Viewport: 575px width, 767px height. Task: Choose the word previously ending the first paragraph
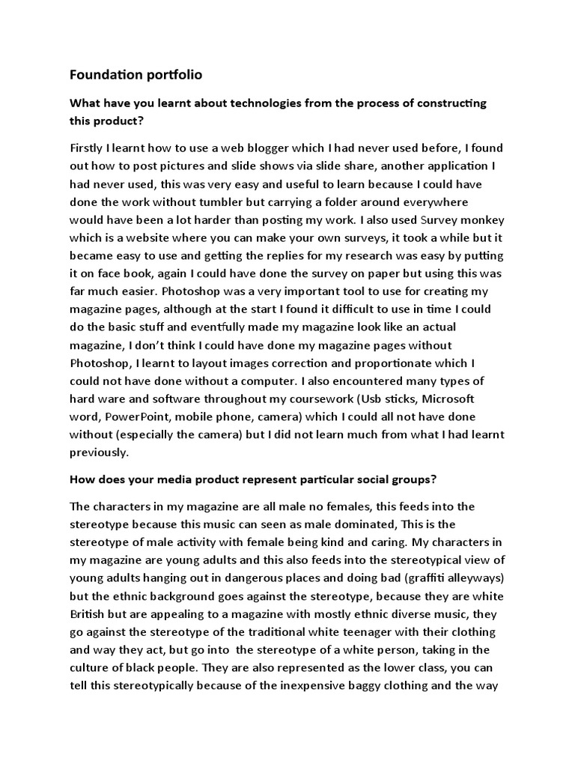click(x=100, y=453)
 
